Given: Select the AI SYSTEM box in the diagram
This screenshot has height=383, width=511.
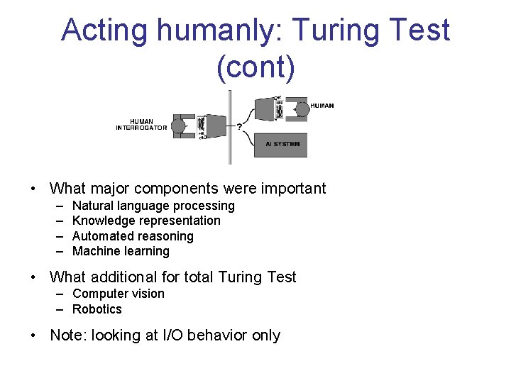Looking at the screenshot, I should (282, 144).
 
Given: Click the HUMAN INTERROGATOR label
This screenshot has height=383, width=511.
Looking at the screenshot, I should (142, 125).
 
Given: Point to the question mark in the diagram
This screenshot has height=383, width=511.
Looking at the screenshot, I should (238, 127).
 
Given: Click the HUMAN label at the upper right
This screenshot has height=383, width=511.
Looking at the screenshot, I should (322, 106).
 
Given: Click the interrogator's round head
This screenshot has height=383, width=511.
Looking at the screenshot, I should (178, 126).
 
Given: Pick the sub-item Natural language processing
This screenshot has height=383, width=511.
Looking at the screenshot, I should (153, 206).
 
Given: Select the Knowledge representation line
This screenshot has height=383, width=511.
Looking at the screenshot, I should (146, 221).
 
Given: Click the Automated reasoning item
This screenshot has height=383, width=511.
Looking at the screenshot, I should (133, 236).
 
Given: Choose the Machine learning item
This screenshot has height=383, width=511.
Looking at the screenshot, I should (121, 251).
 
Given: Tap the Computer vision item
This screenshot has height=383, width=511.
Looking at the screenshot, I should (118, 294).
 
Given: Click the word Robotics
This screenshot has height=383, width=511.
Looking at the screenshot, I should (97, 309).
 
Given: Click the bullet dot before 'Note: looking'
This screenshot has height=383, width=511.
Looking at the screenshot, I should (33, 335).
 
